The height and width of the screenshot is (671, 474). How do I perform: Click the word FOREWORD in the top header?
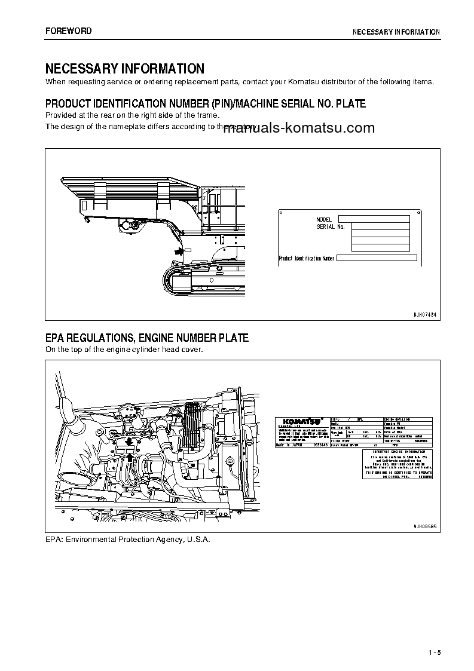pyautogui.click(x=69, y=31)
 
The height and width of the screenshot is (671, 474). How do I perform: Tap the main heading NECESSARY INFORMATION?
pyautogui.click(x=125, y=69)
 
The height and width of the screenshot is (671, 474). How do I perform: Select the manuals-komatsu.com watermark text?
pyautogui.click(x=299, y=127)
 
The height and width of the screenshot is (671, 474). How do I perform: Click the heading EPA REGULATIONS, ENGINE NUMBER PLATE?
pyautogui.click(x=147, y=338)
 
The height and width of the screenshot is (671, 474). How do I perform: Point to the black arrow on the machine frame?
pyautogui.click(x=178, y=252)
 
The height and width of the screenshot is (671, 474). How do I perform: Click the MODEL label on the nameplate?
pyautogui.click(x=324, y=220)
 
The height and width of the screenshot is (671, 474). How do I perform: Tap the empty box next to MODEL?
pyautogui.click(x=374, y=219)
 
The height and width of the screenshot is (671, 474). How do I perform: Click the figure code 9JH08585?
pyautogui.click(x=425, y=526)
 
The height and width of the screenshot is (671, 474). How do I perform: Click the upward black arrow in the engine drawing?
pyautogui.click(x=129, y=458)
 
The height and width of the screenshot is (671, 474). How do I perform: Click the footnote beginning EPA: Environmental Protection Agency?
pyautogui.click(x=128, y=539)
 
